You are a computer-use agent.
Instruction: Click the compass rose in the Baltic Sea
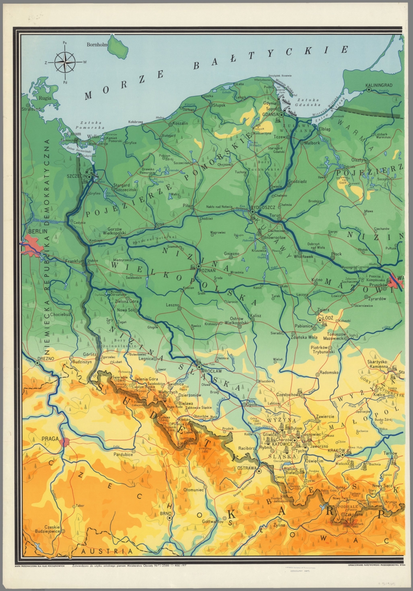pos(65,62)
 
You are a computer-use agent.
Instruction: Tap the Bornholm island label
pos(97,45)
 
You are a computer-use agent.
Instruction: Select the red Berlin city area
pos(33,247)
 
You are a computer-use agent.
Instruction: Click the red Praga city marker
pos(65,442)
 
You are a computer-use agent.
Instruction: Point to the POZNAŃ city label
pos(207,270)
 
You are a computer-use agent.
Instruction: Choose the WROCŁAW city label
pos(211,371)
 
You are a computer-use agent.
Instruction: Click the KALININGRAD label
pos(379,85)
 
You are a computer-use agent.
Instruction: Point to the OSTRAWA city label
pos(247,468)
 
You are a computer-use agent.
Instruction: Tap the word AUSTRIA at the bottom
pos(107,551)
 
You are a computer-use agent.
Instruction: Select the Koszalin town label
pos(181,123)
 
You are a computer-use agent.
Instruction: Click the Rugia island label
pos(45,98)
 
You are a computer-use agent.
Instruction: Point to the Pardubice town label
pos(123,454)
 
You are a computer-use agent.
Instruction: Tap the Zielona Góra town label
pos(127,302)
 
